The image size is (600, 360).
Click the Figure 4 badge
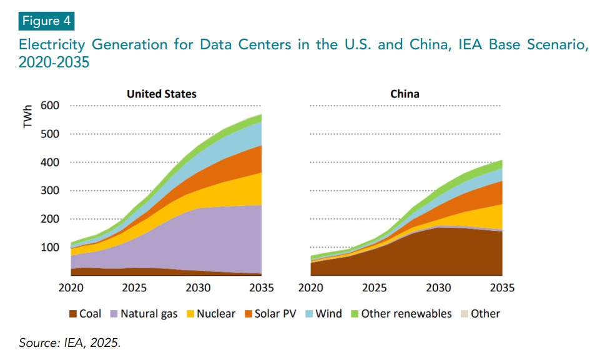click(x=47, y=21)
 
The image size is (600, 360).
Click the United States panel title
click(x=161, y=94)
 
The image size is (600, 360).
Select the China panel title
click(x=405, y=94)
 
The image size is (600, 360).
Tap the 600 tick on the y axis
click(x=50, y=105)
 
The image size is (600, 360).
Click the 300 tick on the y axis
click(x=50, y=190)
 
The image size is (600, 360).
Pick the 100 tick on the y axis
click(x=50, y=247)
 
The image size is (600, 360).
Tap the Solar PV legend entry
click(x=270, y=314)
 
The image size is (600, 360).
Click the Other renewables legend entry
click(x=400, y=314)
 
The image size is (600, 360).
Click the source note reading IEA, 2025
click(x=70, y=343)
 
